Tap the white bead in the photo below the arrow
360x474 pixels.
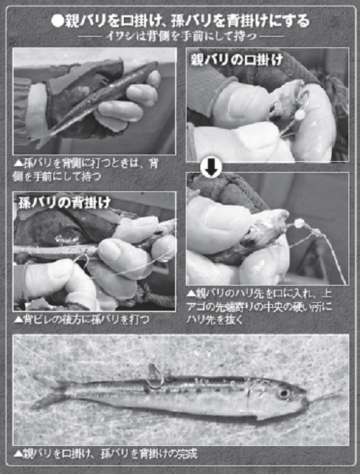click(297, 224)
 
